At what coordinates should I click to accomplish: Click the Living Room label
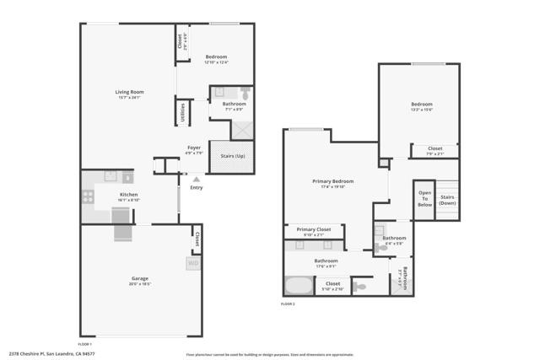[130, 92]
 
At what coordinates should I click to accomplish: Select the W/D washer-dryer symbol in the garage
[193, 263]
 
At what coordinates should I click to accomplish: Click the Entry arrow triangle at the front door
[197, 179]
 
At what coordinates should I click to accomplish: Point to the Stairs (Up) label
[232, 156]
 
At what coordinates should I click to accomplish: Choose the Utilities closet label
[181, 112]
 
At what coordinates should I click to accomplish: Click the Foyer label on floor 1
[194, 148]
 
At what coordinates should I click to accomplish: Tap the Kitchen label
[129, 195]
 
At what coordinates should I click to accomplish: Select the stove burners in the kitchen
[88, 196]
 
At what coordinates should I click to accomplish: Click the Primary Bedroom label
[332, 181]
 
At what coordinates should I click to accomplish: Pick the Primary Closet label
[313, 228]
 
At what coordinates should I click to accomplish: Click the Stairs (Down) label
[447, 200]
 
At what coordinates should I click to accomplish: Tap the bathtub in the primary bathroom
[299, 285]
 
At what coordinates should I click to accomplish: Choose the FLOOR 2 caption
[288, 304]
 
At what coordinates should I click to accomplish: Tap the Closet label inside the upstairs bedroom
[435, 149]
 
